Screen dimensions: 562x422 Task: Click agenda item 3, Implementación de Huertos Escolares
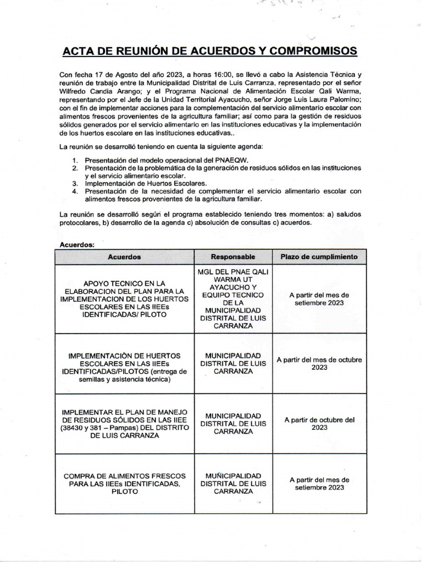[146, 183]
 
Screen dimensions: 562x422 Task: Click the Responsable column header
[233, 257]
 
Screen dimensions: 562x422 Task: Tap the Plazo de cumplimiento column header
[319, 257]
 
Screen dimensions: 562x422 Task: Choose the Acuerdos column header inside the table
[124, 257]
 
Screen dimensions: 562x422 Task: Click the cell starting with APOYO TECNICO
[124, 299]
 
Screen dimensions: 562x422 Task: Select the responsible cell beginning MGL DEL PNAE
[234, 299]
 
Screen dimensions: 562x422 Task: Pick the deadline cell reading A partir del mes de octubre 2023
[319, 363]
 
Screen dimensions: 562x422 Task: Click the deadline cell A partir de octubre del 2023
[319, 423]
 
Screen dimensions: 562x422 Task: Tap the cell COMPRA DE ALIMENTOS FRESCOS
[124, 484]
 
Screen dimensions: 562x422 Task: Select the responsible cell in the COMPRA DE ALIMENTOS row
[234, 484]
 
